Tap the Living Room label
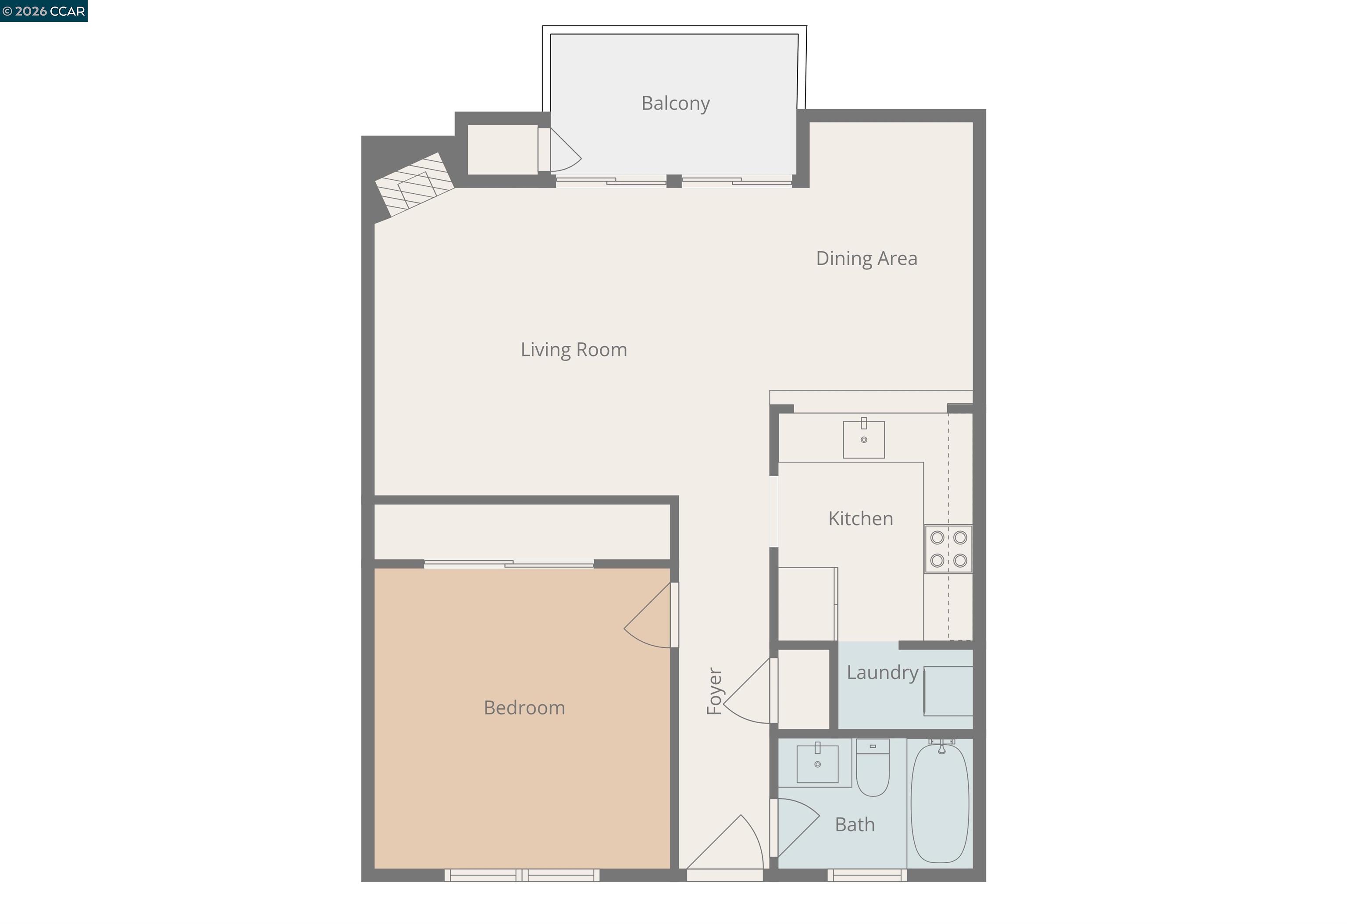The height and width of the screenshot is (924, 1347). point(574,350)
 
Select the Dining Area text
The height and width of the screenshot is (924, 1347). point(866,258)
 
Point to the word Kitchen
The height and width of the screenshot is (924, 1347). point(861,519)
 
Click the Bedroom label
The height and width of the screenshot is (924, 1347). point(524,708)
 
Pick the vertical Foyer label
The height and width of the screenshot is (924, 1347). point(714,691)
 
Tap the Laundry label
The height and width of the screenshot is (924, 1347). point(882,672)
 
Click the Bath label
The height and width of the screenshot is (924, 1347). point(855,824)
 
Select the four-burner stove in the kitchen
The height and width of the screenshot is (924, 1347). point(948,549)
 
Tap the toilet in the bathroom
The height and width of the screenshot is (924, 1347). point(873,767)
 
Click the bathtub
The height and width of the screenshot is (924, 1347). point(940,803)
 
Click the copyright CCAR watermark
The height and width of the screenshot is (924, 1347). point(43,11)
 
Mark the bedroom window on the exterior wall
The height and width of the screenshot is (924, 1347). point(522,875)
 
